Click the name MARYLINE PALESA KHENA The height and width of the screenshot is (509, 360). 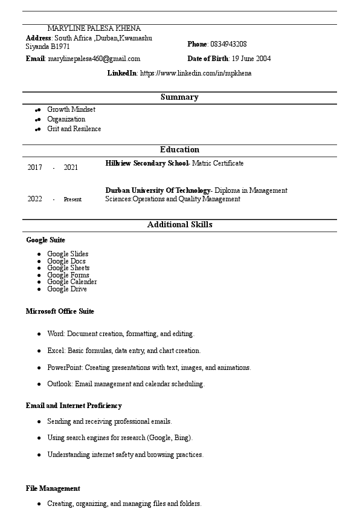94,28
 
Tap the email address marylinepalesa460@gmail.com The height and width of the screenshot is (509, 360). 94,59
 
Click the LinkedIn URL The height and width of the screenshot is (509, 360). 196,73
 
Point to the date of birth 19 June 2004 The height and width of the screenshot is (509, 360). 251,59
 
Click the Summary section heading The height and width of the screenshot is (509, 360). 179,97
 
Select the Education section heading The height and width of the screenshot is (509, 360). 179,150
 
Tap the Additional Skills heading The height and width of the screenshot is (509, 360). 179,225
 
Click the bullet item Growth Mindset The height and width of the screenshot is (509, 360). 71,109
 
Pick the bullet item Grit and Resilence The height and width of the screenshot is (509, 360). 74,129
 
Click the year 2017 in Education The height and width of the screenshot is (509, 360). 35,167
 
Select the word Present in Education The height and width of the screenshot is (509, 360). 72,199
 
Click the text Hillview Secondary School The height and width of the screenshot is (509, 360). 147,163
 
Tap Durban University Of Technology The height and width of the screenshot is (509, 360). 157,190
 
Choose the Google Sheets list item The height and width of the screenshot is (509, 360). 68,268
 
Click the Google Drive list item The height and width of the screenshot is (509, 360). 66,289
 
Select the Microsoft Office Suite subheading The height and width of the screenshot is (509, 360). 60,311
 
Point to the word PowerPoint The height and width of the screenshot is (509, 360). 65,368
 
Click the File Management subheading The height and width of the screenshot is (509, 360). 53,488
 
